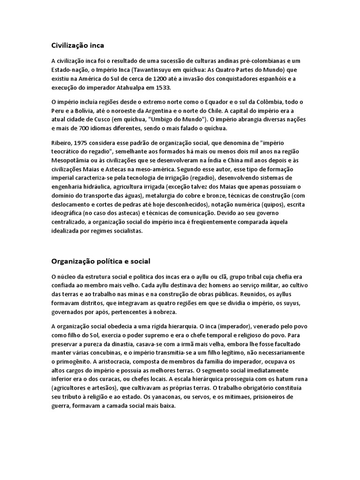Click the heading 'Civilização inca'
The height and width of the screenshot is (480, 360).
pyautogui.click(x=77, y=45)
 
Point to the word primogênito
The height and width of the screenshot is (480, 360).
pyautogui.click(x=72, y=360)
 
